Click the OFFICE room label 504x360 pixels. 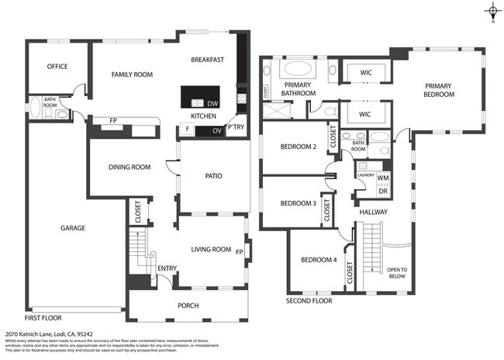coord(57,67)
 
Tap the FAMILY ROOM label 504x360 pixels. coord(132,74)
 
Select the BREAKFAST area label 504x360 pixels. coord(208,60)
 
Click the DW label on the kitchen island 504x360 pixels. coord(213,102)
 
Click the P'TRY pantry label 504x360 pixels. coord(236,127)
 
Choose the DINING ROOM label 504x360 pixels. coord(129,167)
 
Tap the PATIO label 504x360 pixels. coord(213,176)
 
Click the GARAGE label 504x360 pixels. coord(73,228)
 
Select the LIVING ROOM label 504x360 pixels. coord(212,249)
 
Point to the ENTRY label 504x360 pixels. coord(167,268)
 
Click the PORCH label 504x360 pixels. coord(188,305)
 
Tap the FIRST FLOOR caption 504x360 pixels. coord(42,318)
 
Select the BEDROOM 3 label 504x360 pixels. coord(298,204)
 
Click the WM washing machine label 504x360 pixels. coord(383,178)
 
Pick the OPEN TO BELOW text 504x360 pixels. coord(398,272)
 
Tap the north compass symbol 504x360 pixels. coord(492,11)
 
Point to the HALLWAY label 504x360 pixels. coord(372,212)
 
